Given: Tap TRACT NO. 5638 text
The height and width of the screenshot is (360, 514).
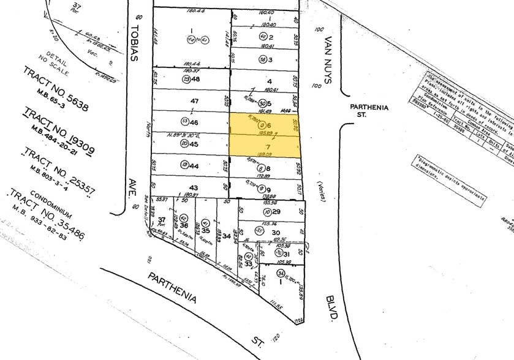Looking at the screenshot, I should pos(55,89).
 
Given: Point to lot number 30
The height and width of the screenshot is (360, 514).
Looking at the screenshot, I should pos(276,233).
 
